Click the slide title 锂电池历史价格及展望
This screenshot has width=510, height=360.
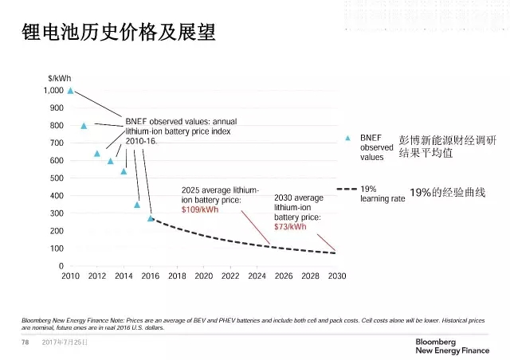point(108,33)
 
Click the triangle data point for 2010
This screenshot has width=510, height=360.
point(70,91)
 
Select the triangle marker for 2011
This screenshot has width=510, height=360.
point(84,126)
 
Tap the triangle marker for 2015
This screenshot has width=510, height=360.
point(137,205)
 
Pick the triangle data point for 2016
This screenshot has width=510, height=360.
point(151,218)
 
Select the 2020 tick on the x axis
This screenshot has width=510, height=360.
point(203,276)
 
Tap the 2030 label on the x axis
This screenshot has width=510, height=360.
point(336,276)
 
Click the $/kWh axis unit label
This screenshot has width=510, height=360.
point(59,76)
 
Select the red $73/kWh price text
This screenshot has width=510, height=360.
point(291,226)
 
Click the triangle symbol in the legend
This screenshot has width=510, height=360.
point(347,138)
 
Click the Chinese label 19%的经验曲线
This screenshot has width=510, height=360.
point(447,193)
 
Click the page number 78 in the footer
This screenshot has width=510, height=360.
point(25,342)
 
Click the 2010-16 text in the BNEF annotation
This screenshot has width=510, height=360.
point(142,140)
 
